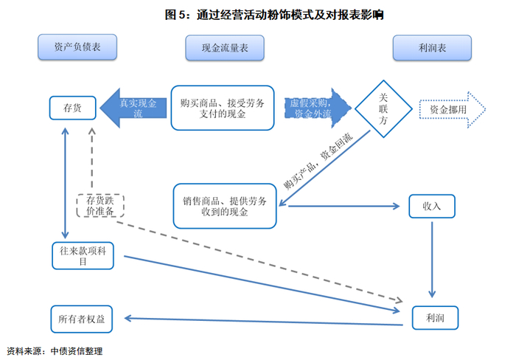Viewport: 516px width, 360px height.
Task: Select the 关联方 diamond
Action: [x=383, y=109]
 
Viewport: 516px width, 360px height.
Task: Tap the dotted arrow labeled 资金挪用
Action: [x=451, y=109]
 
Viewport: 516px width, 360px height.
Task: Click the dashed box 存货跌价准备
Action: [x=100, y=205]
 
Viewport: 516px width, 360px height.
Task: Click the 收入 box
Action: [x=432, y=206]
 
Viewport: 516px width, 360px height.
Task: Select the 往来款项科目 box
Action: [x=87, y=255]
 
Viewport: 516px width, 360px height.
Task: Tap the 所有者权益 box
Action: [x=87, y=319]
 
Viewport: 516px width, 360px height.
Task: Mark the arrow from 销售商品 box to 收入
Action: [x=346, y=206]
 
